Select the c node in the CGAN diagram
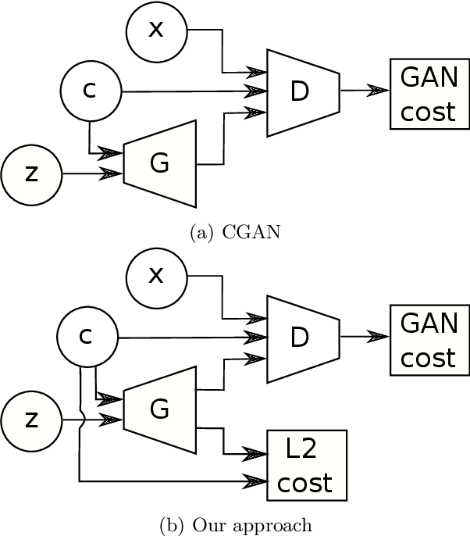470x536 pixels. [x=91, y=91]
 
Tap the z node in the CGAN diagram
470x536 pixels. [x=31, y=173]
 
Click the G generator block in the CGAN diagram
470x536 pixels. [x=159, y=163]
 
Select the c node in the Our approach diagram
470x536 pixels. [x=87, y=337]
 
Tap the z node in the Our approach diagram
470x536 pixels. [x=31, y=420]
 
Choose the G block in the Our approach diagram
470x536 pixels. [x=159, y=409]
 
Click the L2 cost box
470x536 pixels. [x=306, y=465]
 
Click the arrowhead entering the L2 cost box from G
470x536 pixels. [x=258, y=452]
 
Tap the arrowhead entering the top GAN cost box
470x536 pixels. [x=380, y=91]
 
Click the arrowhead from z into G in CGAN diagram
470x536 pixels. [x=114, y=173]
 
